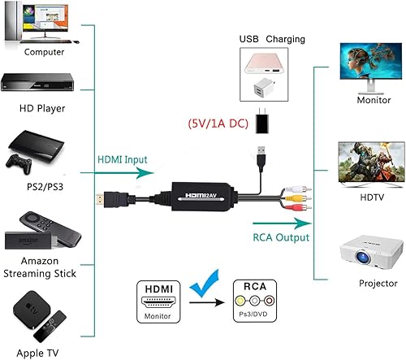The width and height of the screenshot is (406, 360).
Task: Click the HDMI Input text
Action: coord(122,161)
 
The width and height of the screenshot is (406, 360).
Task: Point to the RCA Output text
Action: coord(281,238)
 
